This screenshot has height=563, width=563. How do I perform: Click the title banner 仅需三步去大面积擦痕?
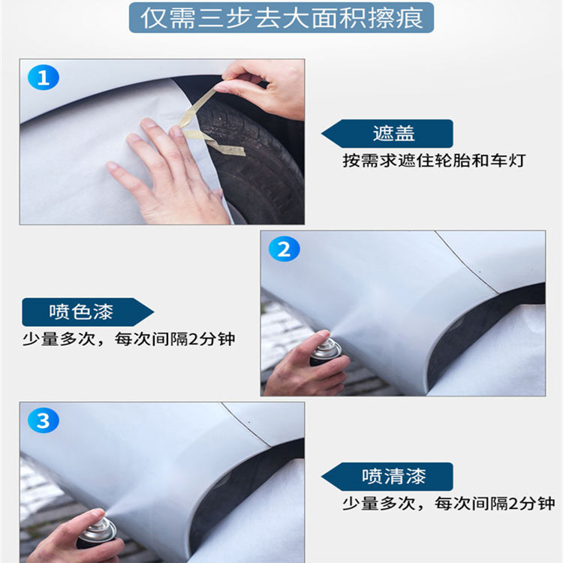[281, 17]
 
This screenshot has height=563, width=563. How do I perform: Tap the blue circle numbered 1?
[43, 77]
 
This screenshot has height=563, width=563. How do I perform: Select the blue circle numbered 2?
[284, 249]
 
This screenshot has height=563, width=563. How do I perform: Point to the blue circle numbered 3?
[43, 421]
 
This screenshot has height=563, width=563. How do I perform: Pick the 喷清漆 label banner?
[390, 476]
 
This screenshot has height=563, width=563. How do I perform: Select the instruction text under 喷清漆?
[449, 503]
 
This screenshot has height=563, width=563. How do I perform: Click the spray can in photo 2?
[325, 351]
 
